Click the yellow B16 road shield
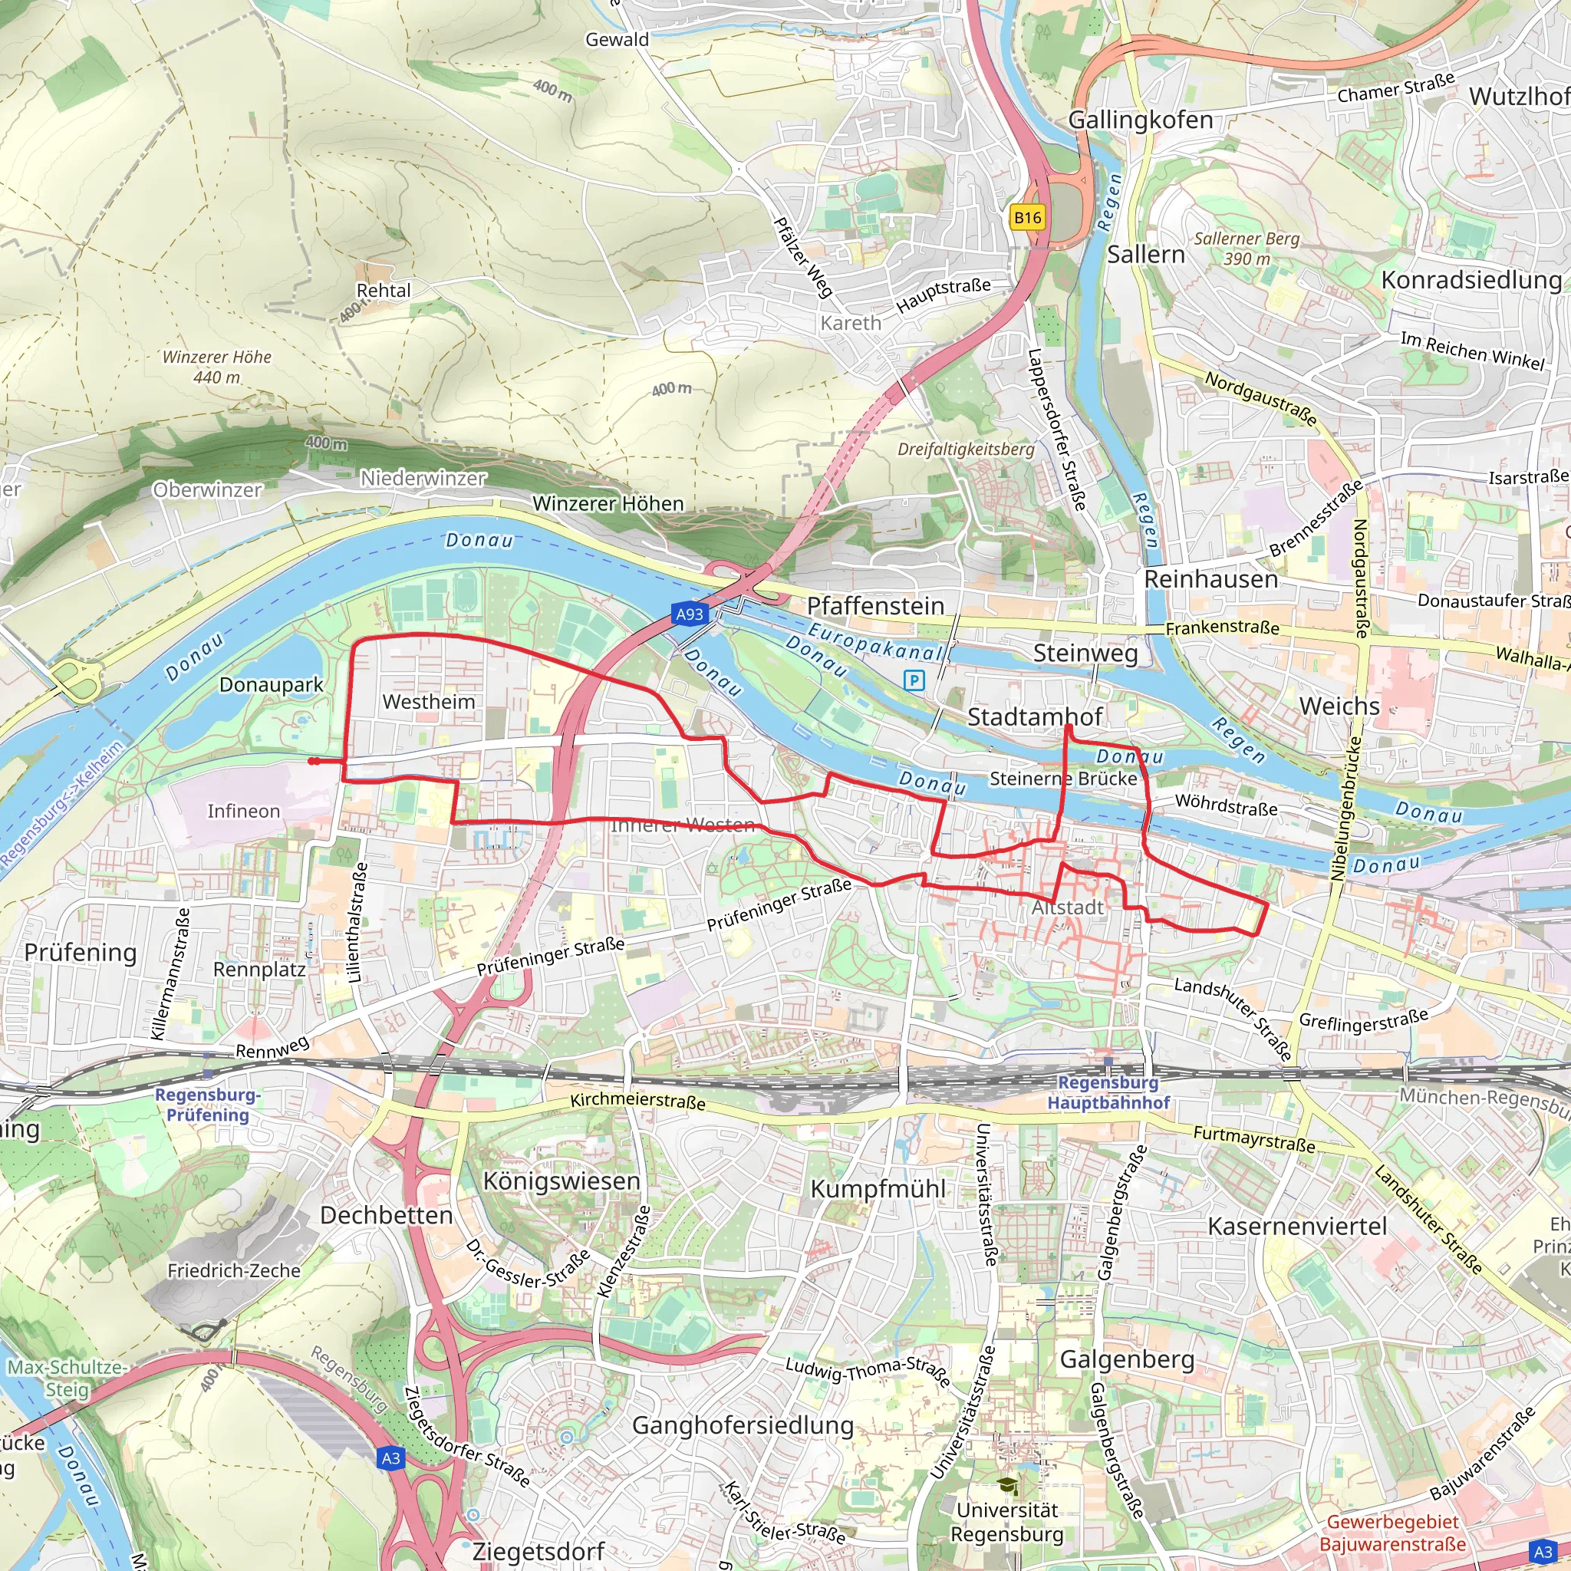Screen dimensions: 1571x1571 pyautogui.click(x=1027, y=217)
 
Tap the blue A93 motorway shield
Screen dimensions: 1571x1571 pyautogui.click(x=690, y=614)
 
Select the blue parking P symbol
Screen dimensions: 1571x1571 pyautogui.click(x=914, y=680)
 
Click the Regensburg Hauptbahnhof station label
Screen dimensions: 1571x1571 pyautogui.click(x=1108, y=1092)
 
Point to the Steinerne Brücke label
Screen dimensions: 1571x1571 pyautogui.click(x=1062, y=778)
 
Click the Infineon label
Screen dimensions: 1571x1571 pyautogui.click(x=243, y=811)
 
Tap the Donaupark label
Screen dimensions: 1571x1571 pyautogui.click(x=271, y=685)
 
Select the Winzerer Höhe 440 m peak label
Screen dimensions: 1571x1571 pyautogui.click(x=216, y=367)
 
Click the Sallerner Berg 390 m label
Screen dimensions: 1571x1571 pyautogui.click(x=1246, y=248)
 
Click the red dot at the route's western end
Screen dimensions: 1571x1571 pyautogui.click(x=313, y=761)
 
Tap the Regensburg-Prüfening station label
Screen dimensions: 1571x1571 pyautogui.click(x=207, y=1105)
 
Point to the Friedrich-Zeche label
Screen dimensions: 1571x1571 pyautogui.click(x=233, y=1270)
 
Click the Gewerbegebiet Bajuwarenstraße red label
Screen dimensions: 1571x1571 pyautogui.click(x=1392, y=1532)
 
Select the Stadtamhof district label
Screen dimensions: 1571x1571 pyautogui.click(x=1034, y=716)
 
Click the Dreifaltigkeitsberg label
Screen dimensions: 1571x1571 pyautogui.click(x=965, y=449)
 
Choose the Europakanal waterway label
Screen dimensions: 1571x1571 pyautogui.click(x=875, y=641)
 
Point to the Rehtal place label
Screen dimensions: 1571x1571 pyautogui.click(x=383, y=290)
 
